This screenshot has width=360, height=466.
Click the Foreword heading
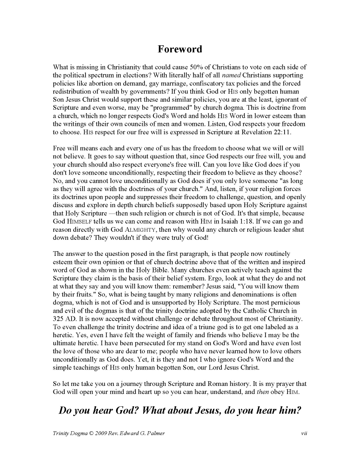[x=180, y=49]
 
